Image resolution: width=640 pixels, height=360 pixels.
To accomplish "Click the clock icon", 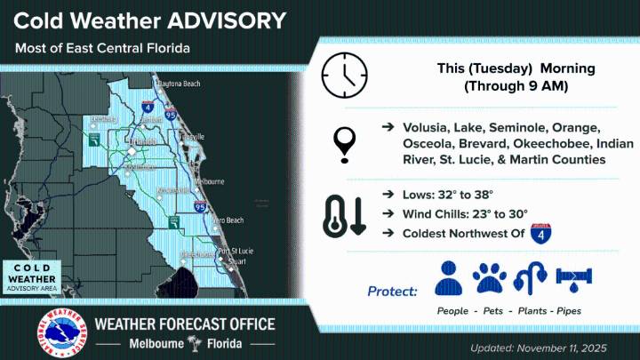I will (345, 76).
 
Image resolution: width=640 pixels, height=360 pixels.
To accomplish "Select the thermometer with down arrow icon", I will (346, 215).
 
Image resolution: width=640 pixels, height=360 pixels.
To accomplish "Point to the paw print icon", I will (489, 278).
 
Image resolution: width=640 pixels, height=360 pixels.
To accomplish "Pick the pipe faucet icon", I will (571, 278).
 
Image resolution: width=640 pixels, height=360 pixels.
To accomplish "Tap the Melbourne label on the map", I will (211, 181).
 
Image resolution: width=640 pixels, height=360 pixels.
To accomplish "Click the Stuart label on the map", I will (234, 262).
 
